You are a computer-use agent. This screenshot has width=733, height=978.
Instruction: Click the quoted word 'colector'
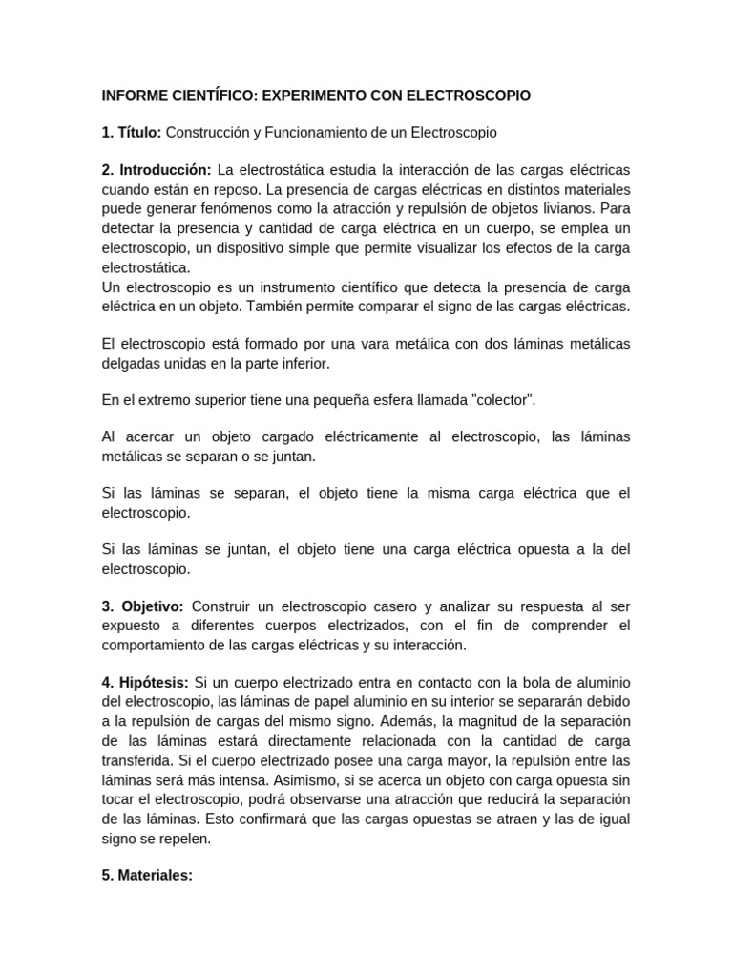500,400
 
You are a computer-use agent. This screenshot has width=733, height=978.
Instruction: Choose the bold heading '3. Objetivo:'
142,607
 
